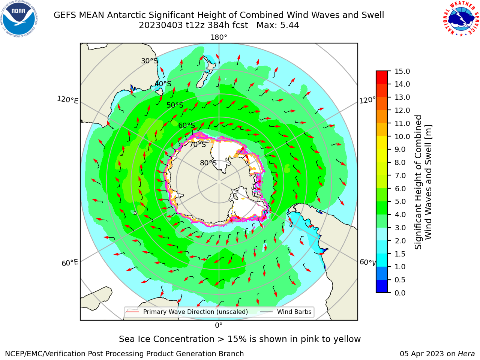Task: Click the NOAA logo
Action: (x=19, y=19)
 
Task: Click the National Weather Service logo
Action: (x=461, y=18)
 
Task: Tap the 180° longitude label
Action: (x=219, y=37)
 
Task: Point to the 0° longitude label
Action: (x=219, y=325)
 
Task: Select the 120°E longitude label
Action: (x=67, y=100)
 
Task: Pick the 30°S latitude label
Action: (x=149, y=61)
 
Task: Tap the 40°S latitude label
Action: (x=163, y=84)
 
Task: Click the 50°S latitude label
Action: (x=175, y=105)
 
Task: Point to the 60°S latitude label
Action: (x=186, y=125)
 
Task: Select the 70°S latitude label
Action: (x=198, y=144)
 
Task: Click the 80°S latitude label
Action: (x=208, y=163)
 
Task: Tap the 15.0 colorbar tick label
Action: (x=402, y=71)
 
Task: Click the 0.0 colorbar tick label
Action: (x=400, y=292)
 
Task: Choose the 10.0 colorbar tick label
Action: (x=402, y=136)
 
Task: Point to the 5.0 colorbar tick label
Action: (x=400, y=201)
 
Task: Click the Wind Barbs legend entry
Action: (x=286, y=312)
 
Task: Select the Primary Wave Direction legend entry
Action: (x=187, y=312)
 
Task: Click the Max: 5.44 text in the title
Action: (x=278, y=25)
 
